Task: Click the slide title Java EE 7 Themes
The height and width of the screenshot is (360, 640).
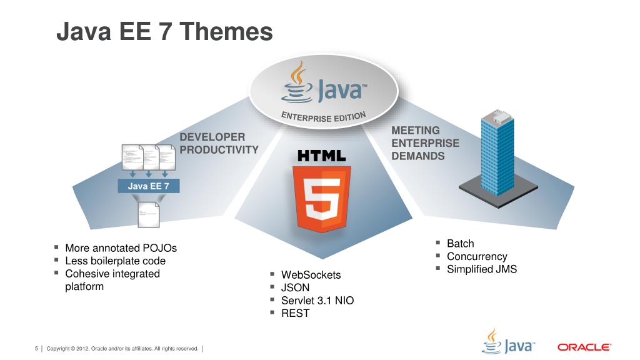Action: pyautogui.click(x=164, y=32)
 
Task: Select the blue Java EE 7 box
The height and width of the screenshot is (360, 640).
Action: pyautogui.click(x=149, y=186)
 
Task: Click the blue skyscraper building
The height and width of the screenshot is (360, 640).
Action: pyautogui.click(x=497, y=153)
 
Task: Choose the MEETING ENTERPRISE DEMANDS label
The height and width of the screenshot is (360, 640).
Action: pyautogui.click(x=425, y=143)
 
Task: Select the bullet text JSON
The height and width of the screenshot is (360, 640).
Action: pyautogui.click(x=295, y=287)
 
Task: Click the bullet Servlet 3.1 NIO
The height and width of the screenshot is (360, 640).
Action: pyautogui.click(x=317, y=301)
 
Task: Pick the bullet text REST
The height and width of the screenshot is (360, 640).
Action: pyautogui.click(x=295, y=313)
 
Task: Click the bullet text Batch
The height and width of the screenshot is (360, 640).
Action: pyautogui.click(x=460, y=243)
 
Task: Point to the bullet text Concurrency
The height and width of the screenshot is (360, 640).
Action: pyautogui.click(x=477, y=256)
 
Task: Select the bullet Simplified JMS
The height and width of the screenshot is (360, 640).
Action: pyautogui.click(x=481, y=269)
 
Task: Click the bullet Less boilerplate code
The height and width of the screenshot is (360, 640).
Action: pyautogui.click(x=115, y=261)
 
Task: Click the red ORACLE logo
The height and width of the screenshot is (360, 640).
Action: pyautogui.click(x=584, y=347)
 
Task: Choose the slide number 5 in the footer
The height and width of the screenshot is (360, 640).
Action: pyautogui.click(x=36, y=348)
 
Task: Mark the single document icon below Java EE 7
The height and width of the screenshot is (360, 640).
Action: pyautogui.click(x=149, y=216)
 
